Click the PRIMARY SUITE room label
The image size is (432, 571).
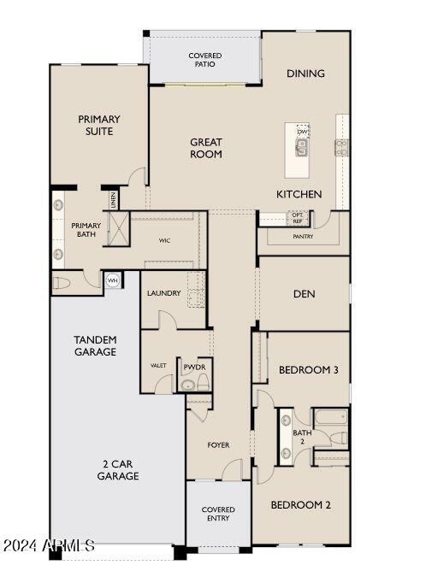pos(99,126)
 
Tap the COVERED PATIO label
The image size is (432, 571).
pos(205,60)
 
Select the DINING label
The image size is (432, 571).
pos(305,74)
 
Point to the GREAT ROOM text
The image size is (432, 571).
pos(206,149)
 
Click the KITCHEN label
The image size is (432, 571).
pos(299,194)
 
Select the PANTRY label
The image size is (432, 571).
pos(303,237)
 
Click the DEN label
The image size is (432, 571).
pos(304,294)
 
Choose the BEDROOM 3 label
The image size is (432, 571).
pos(309,370)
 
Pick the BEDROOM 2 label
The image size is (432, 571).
pos(300,505)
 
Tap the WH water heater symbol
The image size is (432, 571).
pos(112,280)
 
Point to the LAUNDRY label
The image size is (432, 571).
pos(163,293)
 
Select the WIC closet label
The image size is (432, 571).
pos(164,241)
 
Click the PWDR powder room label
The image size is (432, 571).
pos(192,366)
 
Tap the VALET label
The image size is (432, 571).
pos(158,365)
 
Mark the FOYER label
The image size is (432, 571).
pos(218,445)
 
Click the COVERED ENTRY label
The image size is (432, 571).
pos(218,514)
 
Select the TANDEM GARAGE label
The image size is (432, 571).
pos(95,345)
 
